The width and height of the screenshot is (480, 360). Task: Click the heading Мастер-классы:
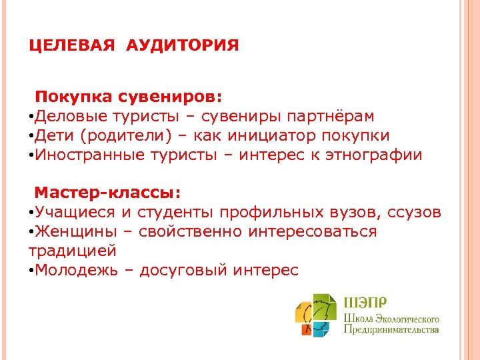(x=107, y=193)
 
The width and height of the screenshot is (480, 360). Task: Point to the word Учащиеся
(x=75, y=213)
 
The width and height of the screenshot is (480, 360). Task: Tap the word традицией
(x=73, y=251)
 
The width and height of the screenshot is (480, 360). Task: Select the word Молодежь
(x=77, y=270)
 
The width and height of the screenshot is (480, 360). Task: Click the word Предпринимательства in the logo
(x=391, y=329)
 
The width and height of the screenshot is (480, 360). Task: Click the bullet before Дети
(x=31, y=137)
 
